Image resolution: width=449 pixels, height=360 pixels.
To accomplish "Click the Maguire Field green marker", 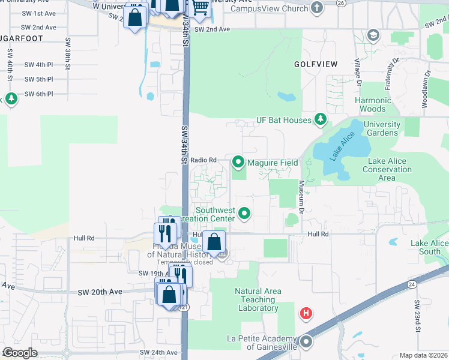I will pos(238,161).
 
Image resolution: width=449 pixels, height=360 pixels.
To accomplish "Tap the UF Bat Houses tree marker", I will pos(321,120).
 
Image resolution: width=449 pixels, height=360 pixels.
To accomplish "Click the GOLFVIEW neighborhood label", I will pos(316,64).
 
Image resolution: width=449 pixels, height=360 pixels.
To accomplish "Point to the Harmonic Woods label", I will pos(373,104).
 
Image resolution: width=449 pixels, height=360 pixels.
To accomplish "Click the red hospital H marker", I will pos(306,313).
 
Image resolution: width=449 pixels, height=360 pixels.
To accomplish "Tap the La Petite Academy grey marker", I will pos(306,342).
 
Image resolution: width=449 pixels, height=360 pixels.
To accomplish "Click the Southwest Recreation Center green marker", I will pos(244,213).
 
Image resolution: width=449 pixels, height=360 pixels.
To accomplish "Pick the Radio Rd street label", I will pos(203,160).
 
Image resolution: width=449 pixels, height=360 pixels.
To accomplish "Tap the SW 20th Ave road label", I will pos(100,292).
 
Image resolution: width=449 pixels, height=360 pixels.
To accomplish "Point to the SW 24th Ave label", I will pos(159,352).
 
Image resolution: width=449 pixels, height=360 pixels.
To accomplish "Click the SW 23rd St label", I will pos(416,311).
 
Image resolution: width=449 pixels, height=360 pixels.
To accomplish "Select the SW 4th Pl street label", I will pos(39,64).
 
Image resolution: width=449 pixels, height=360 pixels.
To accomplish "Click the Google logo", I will pos(19,353).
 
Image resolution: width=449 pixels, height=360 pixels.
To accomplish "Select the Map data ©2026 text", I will pos(423,355).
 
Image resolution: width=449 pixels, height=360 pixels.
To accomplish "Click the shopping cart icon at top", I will pos(200,7).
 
